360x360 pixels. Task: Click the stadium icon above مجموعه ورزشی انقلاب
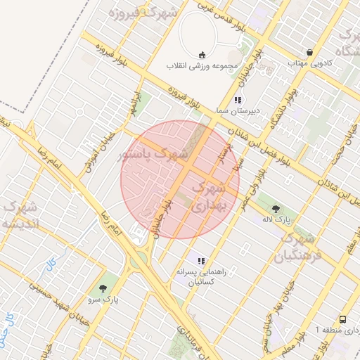tap(202, 55)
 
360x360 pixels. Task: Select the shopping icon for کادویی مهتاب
tap(310, 52)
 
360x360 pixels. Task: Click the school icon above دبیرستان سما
tap(238, 100)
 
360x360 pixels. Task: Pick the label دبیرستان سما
tap(238, 111)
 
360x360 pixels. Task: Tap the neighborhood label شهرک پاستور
tap(154, 154)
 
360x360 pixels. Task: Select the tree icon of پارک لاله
tap(276, 208)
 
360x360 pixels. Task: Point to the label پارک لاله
tap(277, 219)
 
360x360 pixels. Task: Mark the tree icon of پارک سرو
tap(104, 288)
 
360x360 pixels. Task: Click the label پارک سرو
tap(103, 299)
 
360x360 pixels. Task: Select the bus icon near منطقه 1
tap(342, 319)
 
